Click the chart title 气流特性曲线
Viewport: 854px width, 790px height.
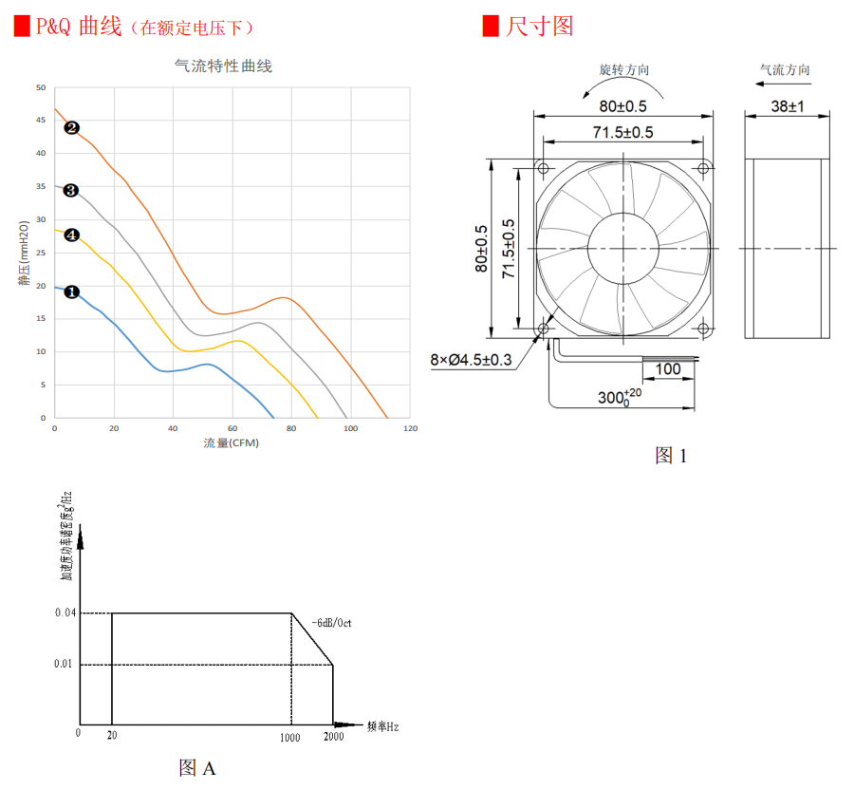[224, 66]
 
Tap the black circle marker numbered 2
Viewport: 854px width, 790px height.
[71, 127]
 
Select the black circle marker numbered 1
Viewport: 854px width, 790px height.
[71, 292]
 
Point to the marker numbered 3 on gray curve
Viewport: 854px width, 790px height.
[70, 191]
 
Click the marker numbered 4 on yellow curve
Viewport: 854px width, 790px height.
[71, 235]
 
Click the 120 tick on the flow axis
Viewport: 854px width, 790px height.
[410, 429]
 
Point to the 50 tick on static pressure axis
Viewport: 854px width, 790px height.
[41, 87]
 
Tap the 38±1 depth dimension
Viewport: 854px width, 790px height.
[787, 107]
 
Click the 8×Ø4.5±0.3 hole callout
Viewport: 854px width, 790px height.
[471, 360]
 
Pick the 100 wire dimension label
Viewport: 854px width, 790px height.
[668, 369]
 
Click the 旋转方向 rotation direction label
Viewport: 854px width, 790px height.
[624, 70]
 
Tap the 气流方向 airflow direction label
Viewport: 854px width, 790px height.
[785, 70]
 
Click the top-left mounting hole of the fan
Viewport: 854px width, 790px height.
[544, 168]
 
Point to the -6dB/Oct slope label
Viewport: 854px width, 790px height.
[331, 623]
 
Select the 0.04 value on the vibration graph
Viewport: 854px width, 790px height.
[65, 613]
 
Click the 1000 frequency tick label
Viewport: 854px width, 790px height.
[290, 737]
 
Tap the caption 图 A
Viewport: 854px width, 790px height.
[197, 767]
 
